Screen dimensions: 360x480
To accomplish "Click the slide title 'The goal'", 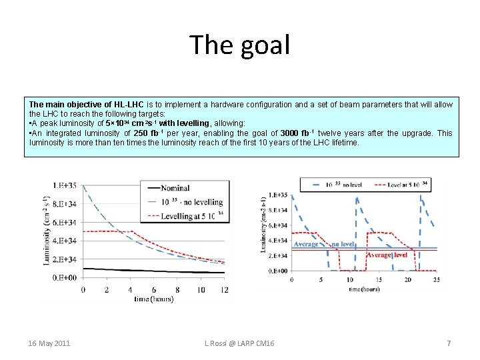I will click(x=240, y=45).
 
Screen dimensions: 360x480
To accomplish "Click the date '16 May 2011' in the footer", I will click(x=49, y=343).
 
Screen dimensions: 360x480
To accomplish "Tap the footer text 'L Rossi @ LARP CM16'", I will click(x=239, y=343).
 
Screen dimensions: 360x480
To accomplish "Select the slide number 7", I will click(x=449, y=343).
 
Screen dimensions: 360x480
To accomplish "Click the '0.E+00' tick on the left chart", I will click(x=64, y=277).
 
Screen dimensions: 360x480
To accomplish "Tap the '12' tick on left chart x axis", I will click(x=224, y=289).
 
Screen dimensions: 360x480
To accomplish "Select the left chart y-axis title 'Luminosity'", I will click(x=47, y=230).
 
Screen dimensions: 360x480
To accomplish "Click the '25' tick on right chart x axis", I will click(x=437, y=279).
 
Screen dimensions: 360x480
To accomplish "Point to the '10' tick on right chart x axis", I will click(x=349, y=279).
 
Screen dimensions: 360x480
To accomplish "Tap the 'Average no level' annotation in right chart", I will click(x=324, y=245).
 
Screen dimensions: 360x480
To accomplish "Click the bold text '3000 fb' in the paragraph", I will click(x=295, y=133).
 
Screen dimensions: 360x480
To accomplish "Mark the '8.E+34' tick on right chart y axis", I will click(x=278, y=210).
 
